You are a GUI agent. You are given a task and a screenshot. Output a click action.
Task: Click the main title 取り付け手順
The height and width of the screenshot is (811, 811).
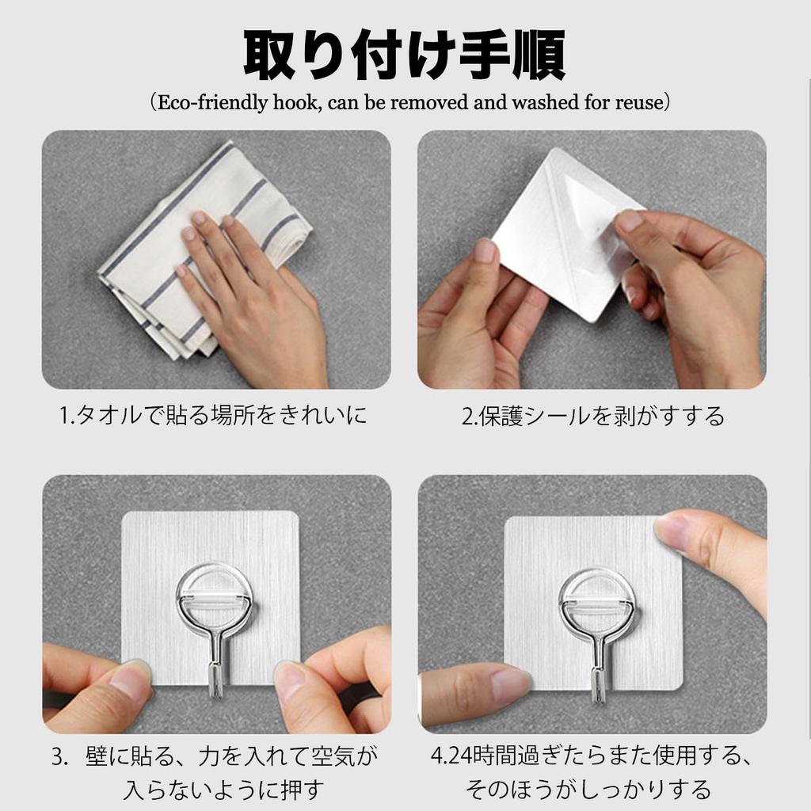pyautogui.click(x=405, y=55)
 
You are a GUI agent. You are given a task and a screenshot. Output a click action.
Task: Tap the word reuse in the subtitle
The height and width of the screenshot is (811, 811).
pyautogui.click(x=639, y=103)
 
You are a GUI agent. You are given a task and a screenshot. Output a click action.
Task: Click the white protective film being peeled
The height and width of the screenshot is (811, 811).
pyautogui.click(x=554, y=230)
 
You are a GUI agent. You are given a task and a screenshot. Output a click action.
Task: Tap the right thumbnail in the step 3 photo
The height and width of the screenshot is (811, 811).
pyautogui.click(x=291, y=679)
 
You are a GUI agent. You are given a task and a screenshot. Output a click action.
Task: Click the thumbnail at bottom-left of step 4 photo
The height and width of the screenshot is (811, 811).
pyautogui.click(x=507, y=683)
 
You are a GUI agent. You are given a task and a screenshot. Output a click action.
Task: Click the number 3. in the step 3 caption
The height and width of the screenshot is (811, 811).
pyautogui.click(x=60, y=756)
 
